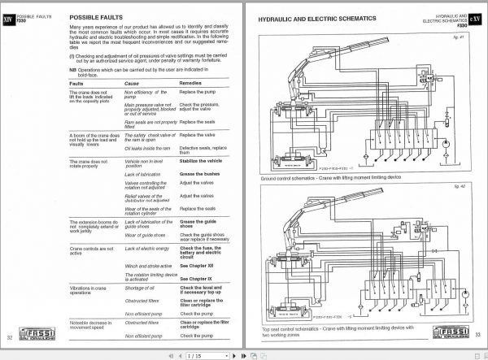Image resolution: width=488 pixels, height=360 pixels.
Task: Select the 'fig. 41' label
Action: (x=463, y=38)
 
